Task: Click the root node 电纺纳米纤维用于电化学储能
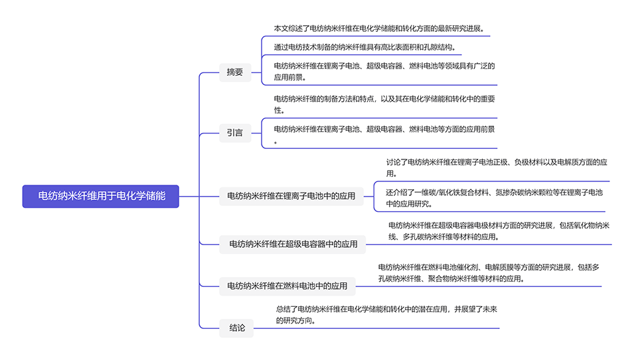(101, 196)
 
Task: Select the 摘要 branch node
(235, 72)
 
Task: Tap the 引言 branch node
(235, 133)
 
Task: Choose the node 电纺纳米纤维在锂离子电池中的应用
(291, 196)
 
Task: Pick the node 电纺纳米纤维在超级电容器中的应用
(293, 244)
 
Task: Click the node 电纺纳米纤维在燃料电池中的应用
(287, 286)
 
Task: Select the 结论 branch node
(237, 327)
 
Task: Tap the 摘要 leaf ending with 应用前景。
(384, 71)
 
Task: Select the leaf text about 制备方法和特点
(384, 104)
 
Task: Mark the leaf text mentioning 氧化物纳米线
(499, 230)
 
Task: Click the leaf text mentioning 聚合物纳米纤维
(489, 272)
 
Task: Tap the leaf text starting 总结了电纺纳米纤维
(386, 314)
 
